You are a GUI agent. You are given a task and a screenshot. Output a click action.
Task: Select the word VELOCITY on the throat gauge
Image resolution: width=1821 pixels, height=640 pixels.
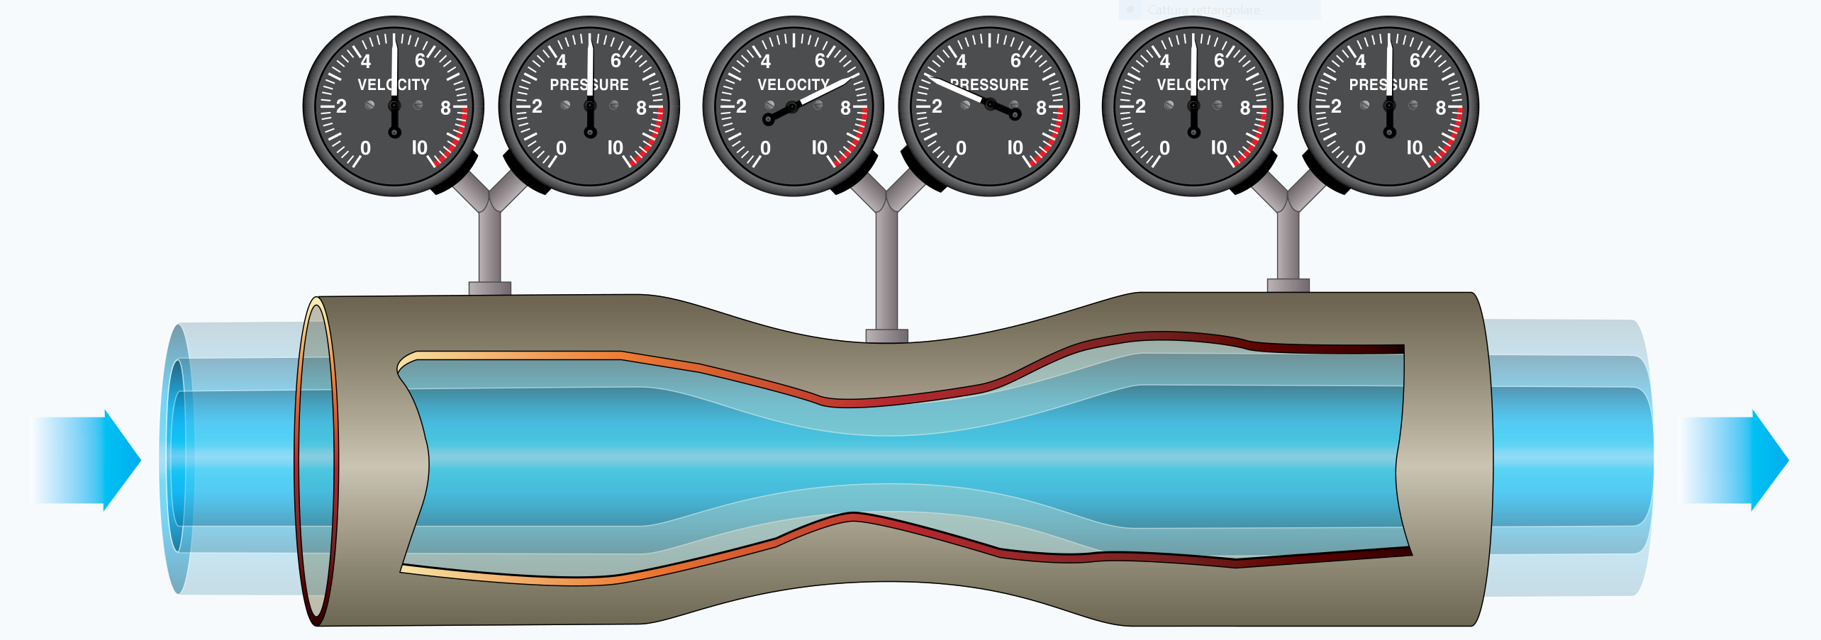click(x=793, y=85)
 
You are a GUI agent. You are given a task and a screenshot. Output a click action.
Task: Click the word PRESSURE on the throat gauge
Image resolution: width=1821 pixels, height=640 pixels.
click(x=990, y=85)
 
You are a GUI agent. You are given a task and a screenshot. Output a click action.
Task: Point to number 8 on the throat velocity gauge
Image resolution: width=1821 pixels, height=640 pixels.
click(x=845, y=108)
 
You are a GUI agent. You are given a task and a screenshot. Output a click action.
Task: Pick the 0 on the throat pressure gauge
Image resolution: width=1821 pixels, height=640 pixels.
click(x=961, y=148)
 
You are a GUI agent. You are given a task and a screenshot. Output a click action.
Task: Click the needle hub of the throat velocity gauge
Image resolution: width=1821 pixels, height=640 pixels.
click(x=793, y=107)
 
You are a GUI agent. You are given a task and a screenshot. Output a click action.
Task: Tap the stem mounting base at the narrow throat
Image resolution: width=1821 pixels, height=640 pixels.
click(x=886, y=335)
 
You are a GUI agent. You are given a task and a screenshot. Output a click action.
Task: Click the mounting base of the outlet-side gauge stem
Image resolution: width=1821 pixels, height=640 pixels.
click(x=1288, y=285)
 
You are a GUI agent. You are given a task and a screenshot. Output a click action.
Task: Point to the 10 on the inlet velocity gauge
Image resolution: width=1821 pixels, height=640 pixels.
click(x=420, y=147)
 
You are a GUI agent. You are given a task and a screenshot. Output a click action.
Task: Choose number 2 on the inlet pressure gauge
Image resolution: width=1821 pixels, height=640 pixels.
click(x=537, y=107)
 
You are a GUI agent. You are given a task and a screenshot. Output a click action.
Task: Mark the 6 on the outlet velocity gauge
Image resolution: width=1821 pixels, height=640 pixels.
click(x=1219, y=61)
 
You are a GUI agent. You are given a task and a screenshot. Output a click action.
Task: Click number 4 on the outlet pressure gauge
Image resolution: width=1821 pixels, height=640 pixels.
click(x=1360, y=62)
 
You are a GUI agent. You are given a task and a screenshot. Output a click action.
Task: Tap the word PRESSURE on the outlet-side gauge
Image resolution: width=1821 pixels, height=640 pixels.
click(x=1388, y=85)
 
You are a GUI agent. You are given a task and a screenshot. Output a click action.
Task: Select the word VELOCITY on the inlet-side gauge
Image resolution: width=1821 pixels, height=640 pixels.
click(x=394, y=85)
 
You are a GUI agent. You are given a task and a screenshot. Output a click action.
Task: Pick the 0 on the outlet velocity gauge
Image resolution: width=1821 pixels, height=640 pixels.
click(x=1164, y=148)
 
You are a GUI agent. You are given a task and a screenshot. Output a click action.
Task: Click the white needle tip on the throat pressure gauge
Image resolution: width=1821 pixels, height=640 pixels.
click(x=935, y=79)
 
